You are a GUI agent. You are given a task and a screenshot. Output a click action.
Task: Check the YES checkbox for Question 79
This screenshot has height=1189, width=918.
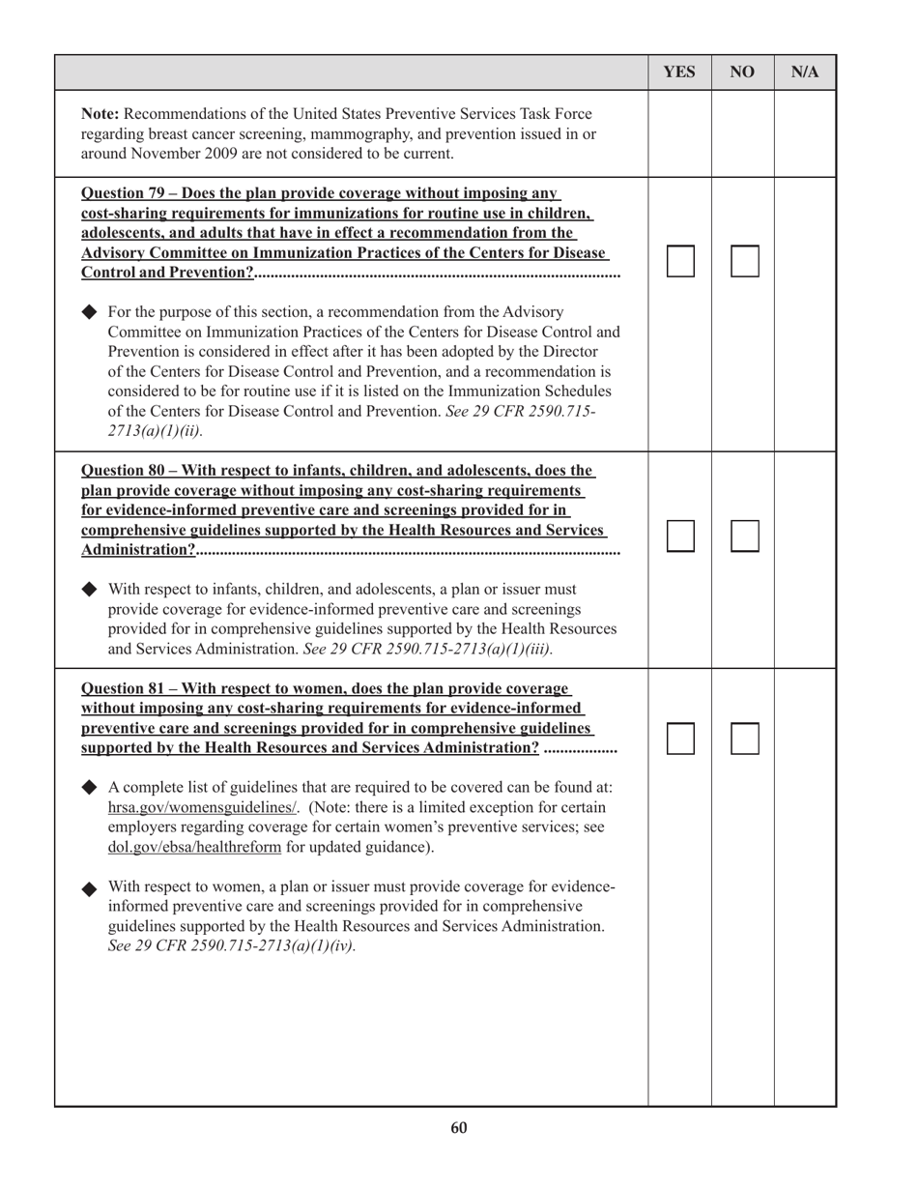[680, 261]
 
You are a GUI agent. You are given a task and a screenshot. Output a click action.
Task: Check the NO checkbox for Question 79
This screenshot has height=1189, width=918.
[744, 261]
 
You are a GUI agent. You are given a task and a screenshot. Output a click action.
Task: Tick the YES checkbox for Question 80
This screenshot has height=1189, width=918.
[680, 536]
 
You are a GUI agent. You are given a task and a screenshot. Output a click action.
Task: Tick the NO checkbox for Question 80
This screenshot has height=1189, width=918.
[744, 536]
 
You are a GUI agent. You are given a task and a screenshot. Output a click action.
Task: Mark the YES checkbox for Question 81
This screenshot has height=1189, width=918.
[680, 739]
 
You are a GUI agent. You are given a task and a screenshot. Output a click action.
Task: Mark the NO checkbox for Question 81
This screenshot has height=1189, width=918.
[744, 739]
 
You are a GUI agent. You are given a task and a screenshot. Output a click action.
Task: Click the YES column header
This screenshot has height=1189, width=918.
[679, 72]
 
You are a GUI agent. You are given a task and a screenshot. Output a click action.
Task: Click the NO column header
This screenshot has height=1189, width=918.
[742, 72]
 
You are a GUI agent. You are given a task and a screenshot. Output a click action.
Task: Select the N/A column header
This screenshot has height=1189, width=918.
[805, 72]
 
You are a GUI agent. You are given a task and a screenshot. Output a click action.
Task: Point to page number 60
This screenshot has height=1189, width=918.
[459, 1128]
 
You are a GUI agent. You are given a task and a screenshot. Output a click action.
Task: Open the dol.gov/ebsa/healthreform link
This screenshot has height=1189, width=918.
[195, 847]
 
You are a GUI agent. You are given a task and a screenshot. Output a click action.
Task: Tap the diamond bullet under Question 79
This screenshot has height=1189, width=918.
[90, 312]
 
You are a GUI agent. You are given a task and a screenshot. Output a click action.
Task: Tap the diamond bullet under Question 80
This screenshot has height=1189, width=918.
[90, 589]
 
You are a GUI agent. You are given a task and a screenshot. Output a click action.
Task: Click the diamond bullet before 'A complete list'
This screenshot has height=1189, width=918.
[90, 787]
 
